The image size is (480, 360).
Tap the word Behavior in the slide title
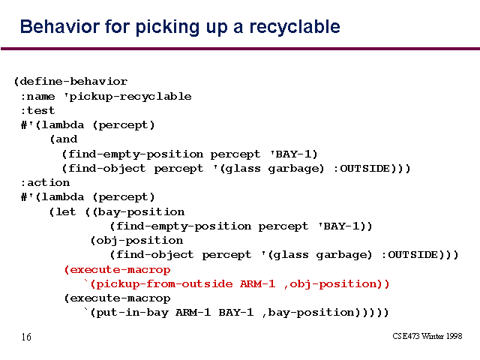(60, 26)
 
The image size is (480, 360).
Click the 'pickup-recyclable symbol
(127, 97)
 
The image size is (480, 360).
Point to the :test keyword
(37, 110)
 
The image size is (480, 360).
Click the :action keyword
(45, 183)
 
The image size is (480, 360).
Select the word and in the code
(67, 139)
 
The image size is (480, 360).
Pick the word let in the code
(65, 211)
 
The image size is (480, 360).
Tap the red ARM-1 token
(257, 283)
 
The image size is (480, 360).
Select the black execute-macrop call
(120, 298)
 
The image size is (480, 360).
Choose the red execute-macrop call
(120, 270)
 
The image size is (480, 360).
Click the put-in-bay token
(132, 313)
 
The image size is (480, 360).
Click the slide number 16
(26, 337)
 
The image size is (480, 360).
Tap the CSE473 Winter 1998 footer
(427, 336)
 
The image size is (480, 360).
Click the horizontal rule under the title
(240, 49)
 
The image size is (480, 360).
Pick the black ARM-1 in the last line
(193, 313)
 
